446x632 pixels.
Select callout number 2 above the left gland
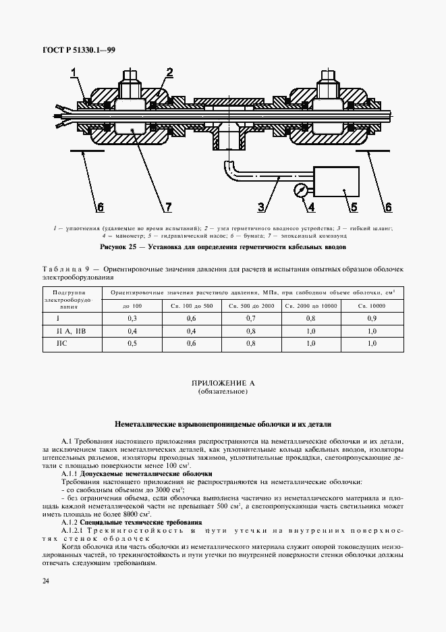[169, 72]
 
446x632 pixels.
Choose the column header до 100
[132, 306]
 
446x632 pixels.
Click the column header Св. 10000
[372, 306]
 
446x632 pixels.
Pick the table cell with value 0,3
[132, 318]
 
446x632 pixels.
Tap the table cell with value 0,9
[372, 318]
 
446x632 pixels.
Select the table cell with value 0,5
[132, 343]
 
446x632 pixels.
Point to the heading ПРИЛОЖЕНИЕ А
[223, 383]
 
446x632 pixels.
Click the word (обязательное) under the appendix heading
[223, 392]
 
